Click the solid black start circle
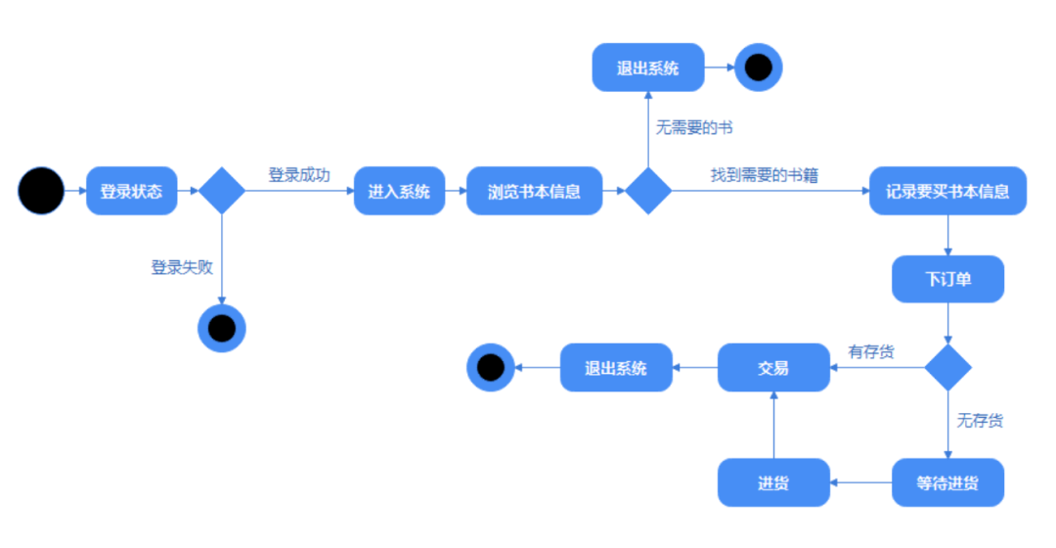point(41,191)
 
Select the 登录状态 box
point(132,191)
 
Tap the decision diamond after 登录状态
point(222,191)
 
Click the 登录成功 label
point(299,175)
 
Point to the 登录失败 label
point(182,267)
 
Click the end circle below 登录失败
point(222,328)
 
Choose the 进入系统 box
point(399,191)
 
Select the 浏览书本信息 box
point(534,191)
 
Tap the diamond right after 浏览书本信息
point(648,191)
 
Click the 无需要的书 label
point(694,128)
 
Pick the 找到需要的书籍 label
point(764,175)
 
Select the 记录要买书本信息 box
point(947,191)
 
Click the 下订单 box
point(947,279)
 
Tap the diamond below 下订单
point(947,368)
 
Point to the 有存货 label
point(870,351)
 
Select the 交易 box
point(773,368)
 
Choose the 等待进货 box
point(947,482)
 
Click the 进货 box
point(773,482)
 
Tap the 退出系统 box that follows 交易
point(616,368)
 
